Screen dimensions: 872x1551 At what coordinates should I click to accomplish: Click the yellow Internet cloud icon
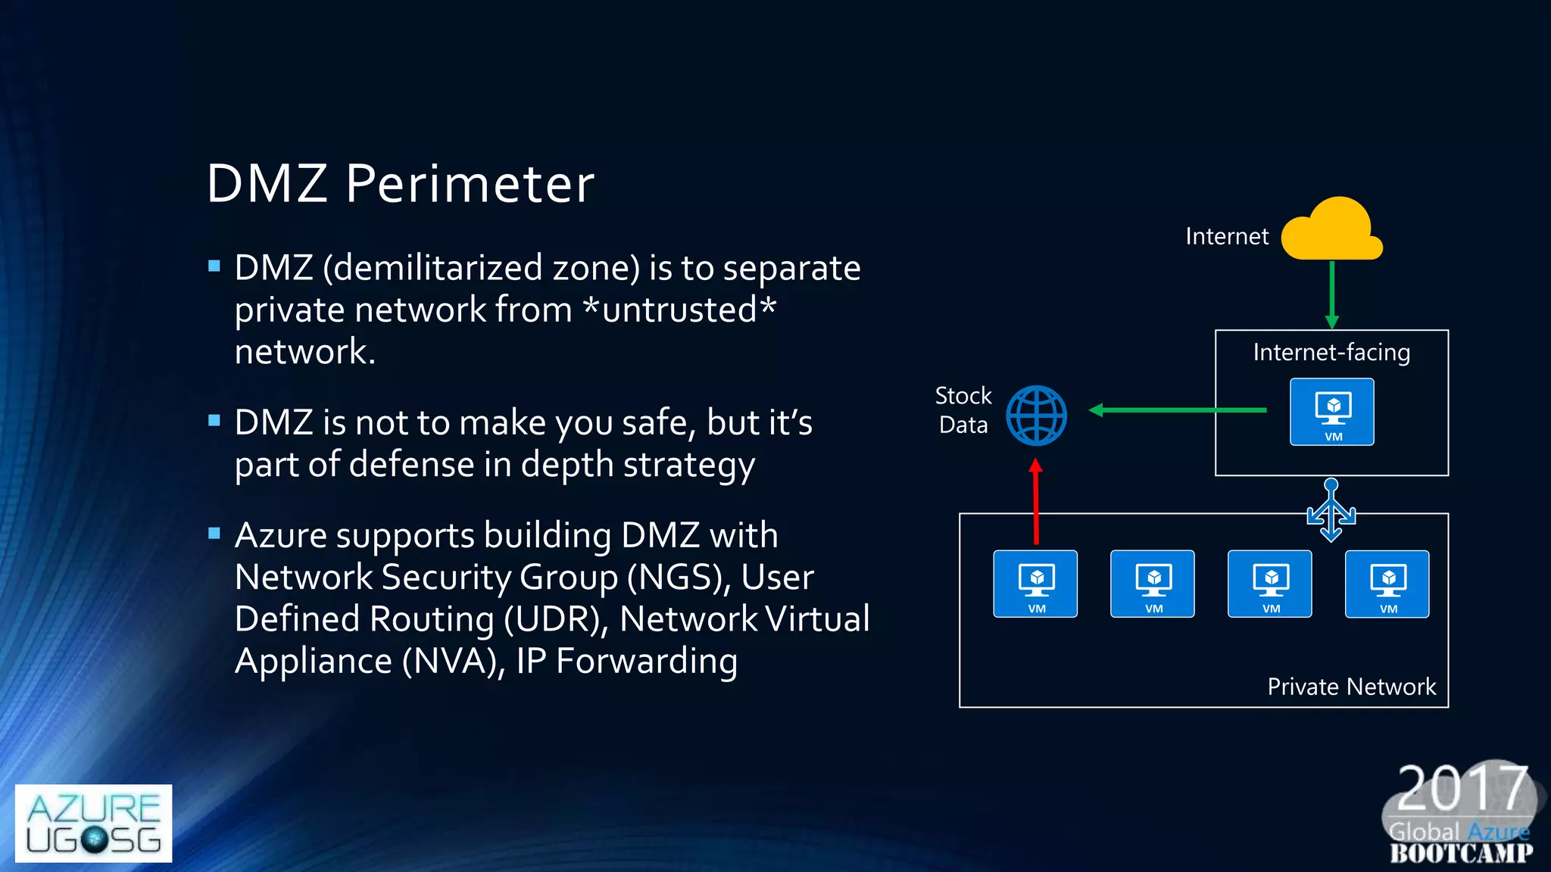(1331, 230)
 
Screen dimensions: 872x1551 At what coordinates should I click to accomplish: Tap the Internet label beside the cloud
(1226, 237)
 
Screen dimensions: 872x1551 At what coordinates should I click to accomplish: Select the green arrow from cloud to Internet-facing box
(1332, 294)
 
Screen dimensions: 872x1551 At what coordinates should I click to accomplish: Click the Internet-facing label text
(1331, 353)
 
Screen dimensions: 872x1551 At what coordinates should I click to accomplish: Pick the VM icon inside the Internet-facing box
(1332, 412)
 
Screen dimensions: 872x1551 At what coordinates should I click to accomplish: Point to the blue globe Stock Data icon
(1036, 416)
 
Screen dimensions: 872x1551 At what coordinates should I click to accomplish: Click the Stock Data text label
(963, 410)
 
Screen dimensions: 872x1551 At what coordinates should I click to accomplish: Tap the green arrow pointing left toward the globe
(1177, 410)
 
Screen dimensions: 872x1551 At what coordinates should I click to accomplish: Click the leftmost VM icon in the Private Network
(1035, 584)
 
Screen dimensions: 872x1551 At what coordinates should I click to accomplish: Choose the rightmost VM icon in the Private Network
(1387, 584)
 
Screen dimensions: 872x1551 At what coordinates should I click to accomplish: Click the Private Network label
(1351, 687)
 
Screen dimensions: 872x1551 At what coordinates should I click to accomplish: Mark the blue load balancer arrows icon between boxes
(1331, 511)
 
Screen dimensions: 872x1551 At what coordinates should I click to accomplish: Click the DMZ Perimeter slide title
(401, 184)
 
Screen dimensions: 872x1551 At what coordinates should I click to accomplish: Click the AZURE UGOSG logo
(93, 824)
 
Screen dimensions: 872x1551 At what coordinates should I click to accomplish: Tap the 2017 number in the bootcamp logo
(1461, 789)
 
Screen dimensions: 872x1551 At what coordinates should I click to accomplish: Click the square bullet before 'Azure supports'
(214, 534)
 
